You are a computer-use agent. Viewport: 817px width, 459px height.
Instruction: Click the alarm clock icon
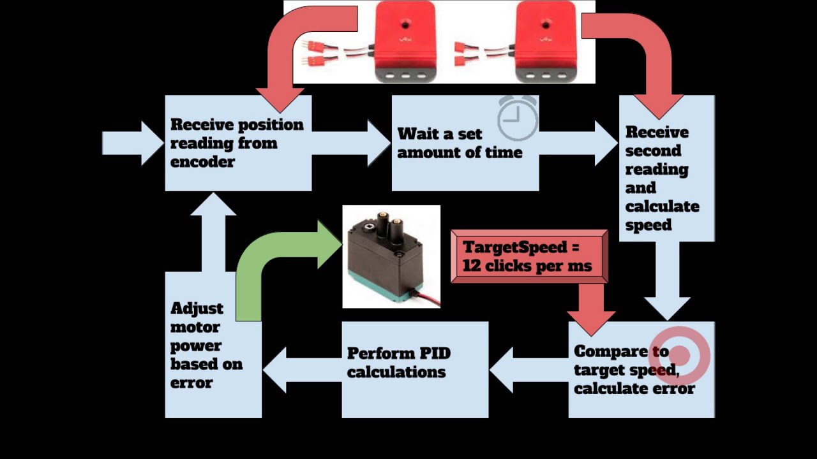tap(518, 119)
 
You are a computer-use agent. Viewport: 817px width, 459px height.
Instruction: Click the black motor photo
tap(391, 257)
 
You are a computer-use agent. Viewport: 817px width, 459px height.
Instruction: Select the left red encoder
tap(405, 41)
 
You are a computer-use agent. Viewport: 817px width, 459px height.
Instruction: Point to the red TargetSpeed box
tap(528, 256)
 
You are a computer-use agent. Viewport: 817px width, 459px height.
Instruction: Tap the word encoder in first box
tap(202, 162)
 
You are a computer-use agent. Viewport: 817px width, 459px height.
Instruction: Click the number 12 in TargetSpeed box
tap(472, 266)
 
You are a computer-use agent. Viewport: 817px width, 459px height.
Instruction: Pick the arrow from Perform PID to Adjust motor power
tap(300, 369)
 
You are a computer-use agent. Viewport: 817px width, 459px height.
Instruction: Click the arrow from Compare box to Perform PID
tap(527, 369)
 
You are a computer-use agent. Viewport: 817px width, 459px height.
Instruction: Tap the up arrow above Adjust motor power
tap(213, 229)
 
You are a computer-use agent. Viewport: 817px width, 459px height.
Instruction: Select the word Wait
tap(417, 134)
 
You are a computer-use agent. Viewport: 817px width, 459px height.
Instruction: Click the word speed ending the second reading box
tap(648, 225)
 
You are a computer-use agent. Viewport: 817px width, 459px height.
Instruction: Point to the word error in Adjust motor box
tap(191, 383)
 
